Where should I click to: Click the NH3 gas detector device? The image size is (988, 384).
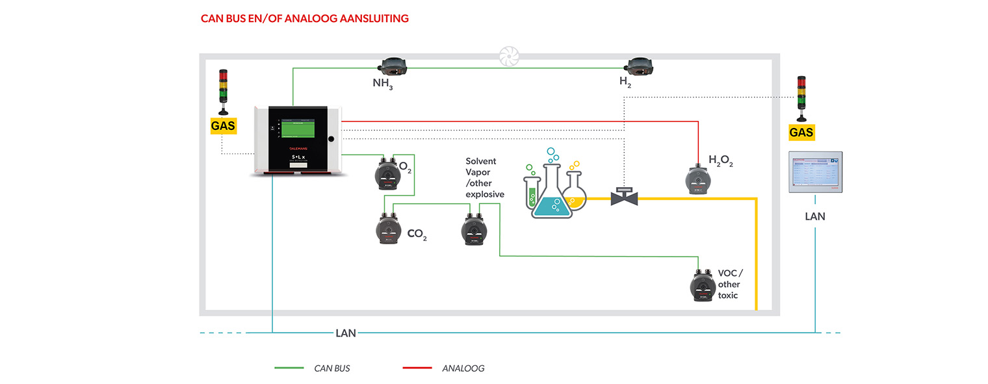pos(392,66)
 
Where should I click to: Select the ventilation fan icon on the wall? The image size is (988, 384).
pos(508,57)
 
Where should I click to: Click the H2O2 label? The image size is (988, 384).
pos(720,161)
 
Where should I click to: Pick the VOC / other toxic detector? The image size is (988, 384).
pos(702,286)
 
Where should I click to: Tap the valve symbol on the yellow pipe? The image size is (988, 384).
pos(625,196)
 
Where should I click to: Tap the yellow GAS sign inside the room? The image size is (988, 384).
pos(222,125)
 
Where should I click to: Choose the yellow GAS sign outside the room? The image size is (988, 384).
pos(801,133)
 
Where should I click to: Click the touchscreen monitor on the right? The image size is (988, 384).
pos(815,172)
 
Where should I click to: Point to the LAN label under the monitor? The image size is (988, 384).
pos(814,216)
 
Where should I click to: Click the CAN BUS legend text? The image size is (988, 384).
pos(331,368)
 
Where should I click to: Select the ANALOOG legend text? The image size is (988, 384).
pos(463,368)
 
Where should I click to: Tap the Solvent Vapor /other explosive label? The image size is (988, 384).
pos(484,177)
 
